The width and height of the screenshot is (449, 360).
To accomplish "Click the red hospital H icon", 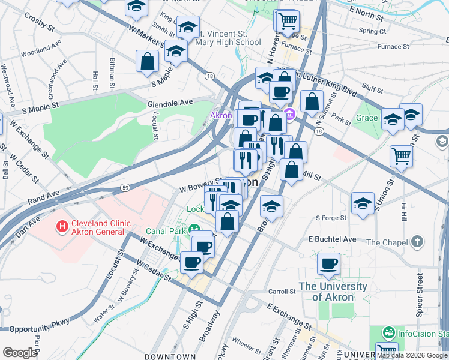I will (x=61, y=227).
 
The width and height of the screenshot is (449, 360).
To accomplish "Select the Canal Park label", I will (x=166, y=230).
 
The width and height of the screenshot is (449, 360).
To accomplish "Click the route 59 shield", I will (x=124, y=188).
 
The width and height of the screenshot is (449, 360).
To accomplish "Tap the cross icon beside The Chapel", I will (x=417, y=242).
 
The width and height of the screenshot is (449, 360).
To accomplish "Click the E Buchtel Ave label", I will (x=332, y=239).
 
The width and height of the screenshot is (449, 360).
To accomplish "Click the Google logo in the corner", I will (x=20, y=352).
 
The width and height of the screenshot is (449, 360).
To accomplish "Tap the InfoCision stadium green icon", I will (x=389, y=332).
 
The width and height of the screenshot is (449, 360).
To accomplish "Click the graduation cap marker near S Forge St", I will (x=363, y=203).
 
